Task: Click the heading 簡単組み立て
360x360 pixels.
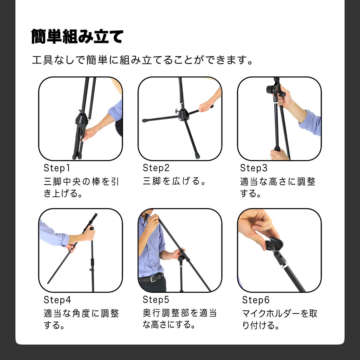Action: (x=77, y=36)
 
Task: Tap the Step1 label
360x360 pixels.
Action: (x=57, y=168)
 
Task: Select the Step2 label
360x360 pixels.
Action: (x=156, y=168)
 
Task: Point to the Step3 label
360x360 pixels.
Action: (x=254, y=168)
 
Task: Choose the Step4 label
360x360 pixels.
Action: (x=57, y=300)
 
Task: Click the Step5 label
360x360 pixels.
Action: (x=156, y=300)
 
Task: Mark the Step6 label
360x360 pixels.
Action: (x=256, y=300)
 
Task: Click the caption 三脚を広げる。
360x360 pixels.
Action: (x=174, y=181)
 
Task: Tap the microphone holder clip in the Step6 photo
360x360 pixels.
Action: (x=274, y=245)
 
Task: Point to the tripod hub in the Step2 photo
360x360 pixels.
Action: (x=183, y=115)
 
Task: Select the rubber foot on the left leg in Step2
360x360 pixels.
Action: (x=144, y=120)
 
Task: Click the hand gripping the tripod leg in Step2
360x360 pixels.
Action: (x=205, y=107)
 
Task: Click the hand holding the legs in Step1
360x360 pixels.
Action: (x=88, y=133)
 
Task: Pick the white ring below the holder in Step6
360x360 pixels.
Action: (x=285, y=267)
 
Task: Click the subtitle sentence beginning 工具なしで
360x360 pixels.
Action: (x=143, y=60)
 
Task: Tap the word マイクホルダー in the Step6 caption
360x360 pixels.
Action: (x=271, y=313)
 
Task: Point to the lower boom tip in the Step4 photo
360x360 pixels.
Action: (x=48, y=283)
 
